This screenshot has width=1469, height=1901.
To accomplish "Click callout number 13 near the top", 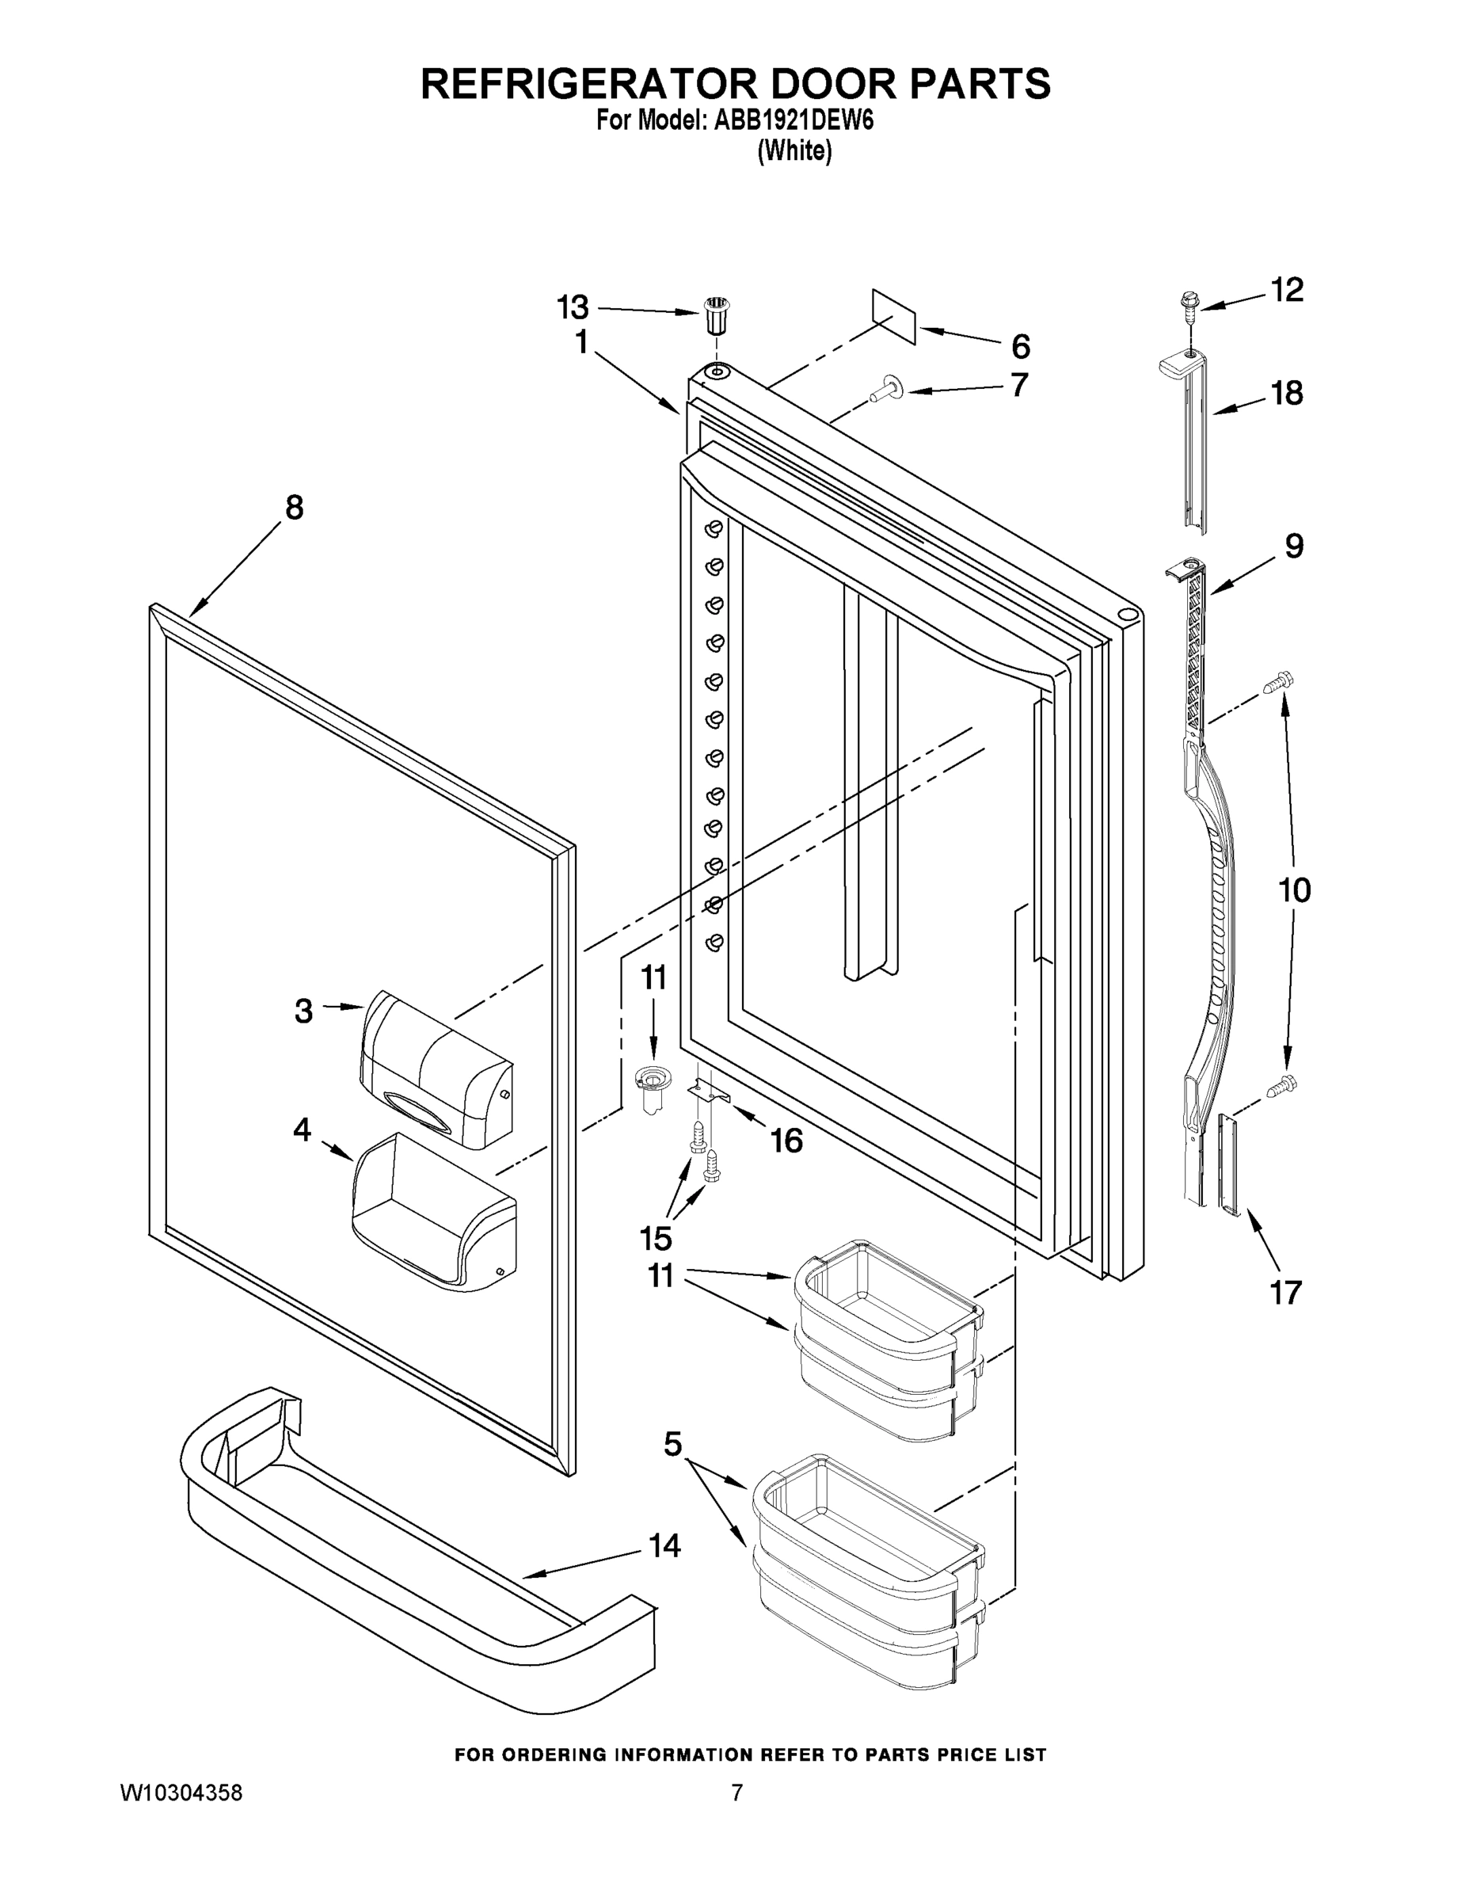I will pos(573,307).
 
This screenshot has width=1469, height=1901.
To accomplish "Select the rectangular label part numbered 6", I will pos(895,318).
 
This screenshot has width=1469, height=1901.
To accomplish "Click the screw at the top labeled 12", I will pos(1186,308).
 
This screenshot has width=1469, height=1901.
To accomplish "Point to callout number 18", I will pos(1287,394).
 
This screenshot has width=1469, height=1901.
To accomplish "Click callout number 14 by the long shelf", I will pos(664,1545).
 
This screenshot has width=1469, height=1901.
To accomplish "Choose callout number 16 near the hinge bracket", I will pos(786,1141).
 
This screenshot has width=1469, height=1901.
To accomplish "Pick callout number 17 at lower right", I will pos(1285,1293).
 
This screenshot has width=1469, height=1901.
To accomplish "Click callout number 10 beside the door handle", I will pos(1294,890).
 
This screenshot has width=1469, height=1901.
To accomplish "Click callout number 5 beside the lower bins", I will pos(672,1444).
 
